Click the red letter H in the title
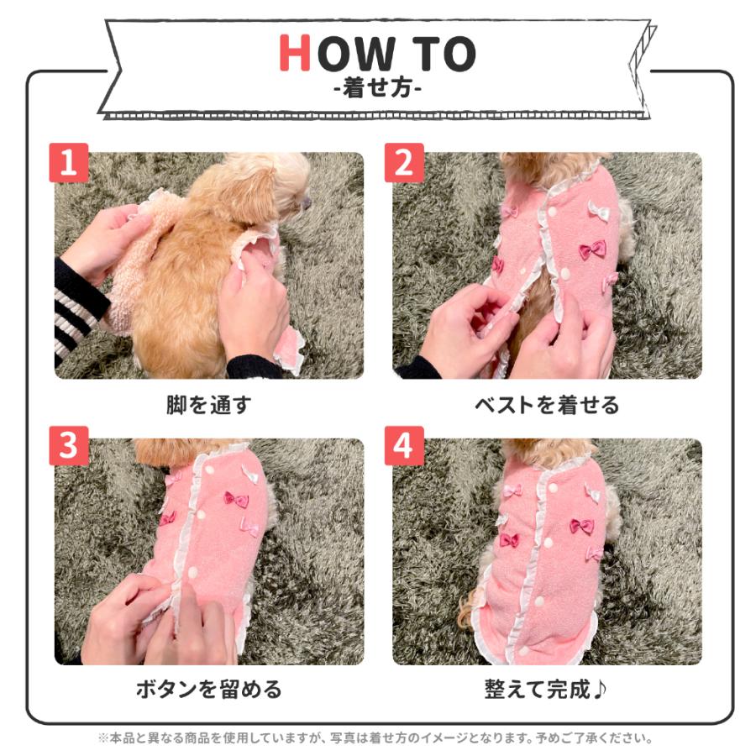(x=294, y=53)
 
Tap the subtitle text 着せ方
(x=377, y=89)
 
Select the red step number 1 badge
(x=69, y=162)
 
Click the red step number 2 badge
(x=404, y=162)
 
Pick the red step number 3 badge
(x=69, y=445)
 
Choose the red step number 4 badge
(x=404, y=445)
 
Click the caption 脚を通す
(x=209, y=405)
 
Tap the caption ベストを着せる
(x=546, y=405)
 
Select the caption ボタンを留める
(x=209, y=690)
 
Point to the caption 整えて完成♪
(x=545, y=690)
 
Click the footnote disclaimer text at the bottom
(x=375, y=738)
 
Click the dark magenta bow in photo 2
(x=592, y=249)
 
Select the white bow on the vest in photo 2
(x=598, y=210)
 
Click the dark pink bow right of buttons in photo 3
(x=236, y=500)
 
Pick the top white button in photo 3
(x=210, y=469)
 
